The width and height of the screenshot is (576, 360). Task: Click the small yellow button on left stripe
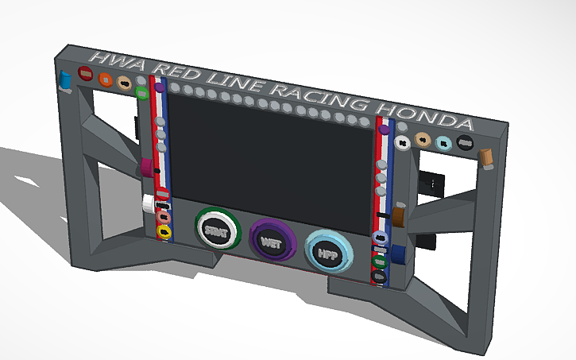164,232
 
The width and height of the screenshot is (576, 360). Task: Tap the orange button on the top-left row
105,79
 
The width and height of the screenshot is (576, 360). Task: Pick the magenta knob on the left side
148,168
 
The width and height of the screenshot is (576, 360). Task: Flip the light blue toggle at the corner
65,80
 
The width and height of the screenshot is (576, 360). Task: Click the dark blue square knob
399,254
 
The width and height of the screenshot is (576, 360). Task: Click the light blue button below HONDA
444,144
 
